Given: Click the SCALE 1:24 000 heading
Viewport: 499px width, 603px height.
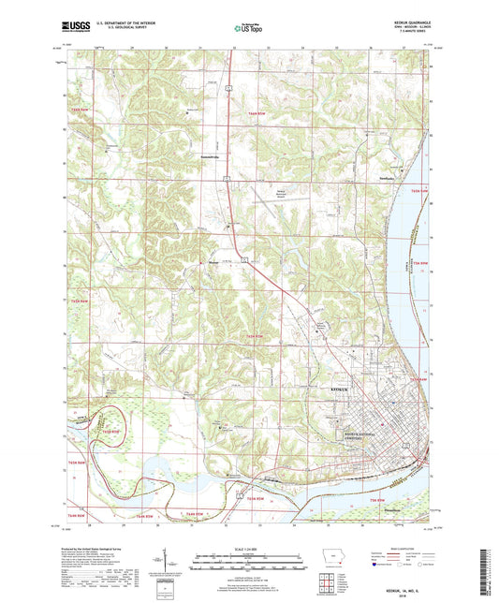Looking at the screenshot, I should pyautogui.click(x=249, y=548).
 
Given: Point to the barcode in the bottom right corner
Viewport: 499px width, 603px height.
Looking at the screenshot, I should pyautogui.click(x=487, y=566).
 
